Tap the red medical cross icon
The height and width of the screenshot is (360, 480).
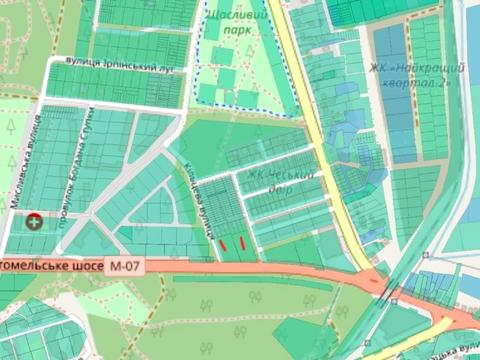[36, 221]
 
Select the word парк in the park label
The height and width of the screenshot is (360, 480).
[237, 31]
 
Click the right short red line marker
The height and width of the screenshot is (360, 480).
[241, 240]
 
